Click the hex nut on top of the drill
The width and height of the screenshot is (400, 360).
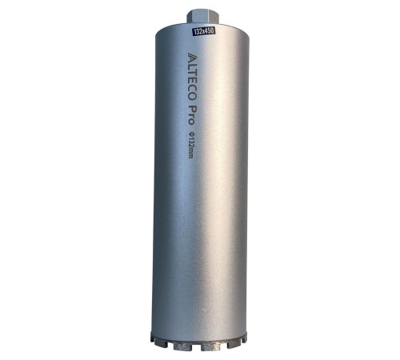[202, 17]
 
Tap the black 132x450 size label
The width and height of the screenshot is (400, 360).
[204, 31]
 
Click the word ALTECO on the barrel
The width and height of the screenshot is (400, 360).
[192, 77]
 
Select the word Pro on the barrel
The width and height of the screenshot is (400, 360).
[190, 115]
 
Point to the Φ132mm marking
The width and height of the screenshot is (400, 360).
[190, 145]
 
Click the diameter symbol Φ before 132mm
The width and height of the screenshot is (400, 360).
[190, 134]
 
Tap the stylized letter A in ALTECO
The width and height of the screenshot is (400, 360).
[192, 56]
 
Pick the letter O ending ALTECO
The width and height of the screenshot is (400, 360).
[192, 97]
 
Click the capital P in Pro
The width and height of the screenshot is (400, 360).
[191, 109]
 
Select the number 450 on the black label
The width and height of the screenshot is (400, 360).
[210, 30]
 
